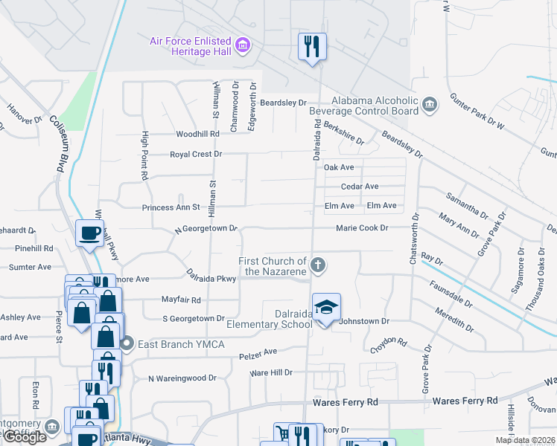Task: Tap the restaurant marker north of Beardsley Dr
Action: point(312,47)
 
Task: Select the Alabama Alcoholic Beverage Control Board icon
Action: point(429,106)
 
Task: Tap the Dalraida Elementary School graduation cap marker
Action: point(325,307)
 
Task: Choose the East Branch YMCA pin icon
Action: point(127,344)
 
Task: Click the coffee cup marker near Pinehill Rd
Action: point(89,233)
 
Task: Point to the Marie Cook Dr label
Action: point(362,228)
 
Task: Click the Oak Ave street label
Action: point(339,168)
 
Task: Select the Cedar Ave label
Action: point(360,187)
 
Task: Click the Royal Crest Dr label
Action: point(196,154)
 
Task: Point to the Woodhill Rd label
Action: point(197,134)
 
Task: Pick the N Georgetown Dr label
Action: point(206,228)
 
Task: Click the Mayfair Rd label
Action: point(182,300)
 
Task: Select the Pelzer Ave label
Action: point(258,351)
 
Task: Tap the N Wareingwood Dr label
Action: point(182,378)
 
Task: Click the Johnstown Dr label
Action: point(364,321)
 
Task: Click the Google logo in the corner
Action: point(25,437)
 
